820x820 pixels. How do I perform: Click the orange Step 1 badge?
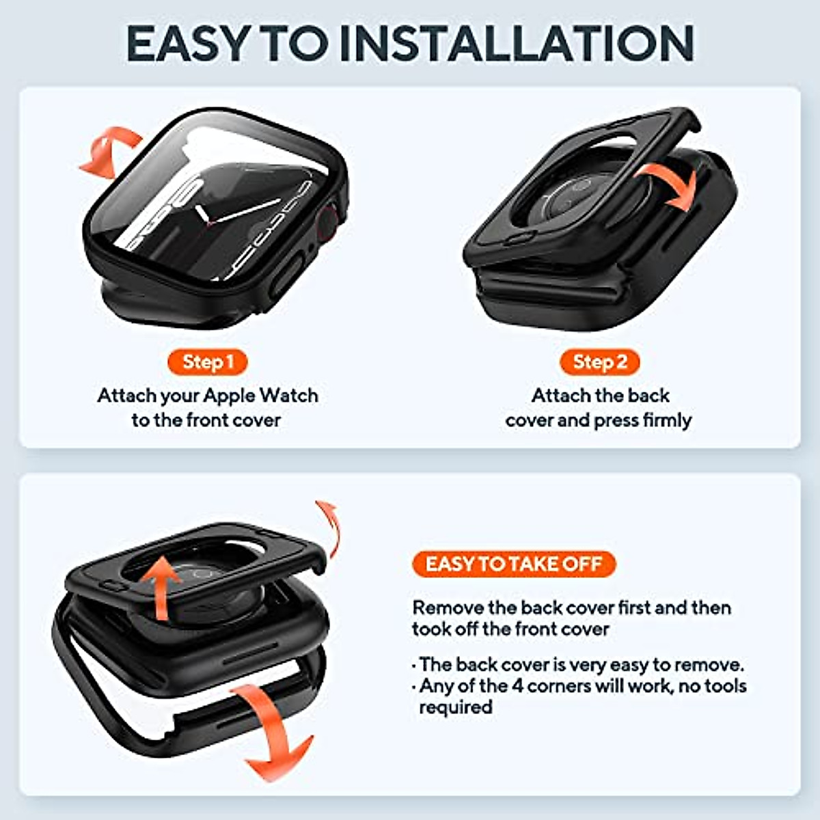pyautogui.click(x=207, y=362)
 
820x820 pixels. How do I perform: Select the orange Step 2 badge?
pyautogui.click(x=599, y=362)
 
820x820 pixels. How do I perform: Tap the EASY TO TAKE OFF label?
pyautogui.click(x=514, y=564)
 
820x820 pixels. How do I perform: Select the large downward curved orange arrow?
pyautogui.click(x=273, y=731)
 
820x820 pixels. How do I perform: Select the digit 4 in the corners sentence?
pyautogui.click(x=518, y=685)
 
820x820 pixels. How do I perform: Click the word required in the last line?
pyautogui.click(x=455, y=707)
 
